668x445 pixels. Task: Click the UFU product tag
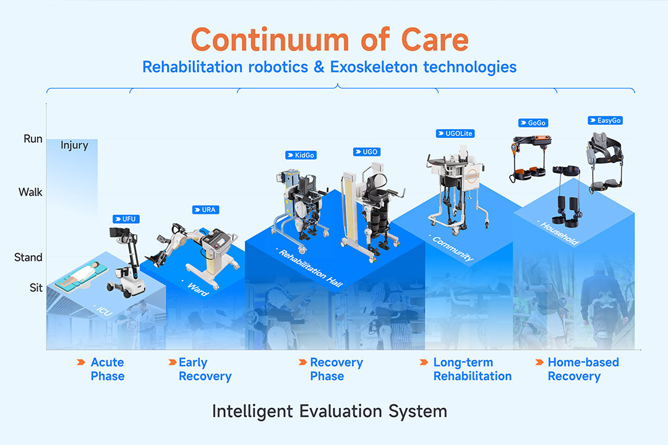point(126,219)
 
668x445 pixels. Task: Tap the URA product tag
point(205,210)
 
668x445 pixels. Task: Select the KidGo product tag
point(301,155)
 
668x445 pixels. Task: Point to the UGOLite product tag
point(455,133)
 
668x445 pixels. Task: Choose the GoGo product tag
point(533,122)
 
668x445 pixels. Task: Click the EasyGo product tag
point(605,121)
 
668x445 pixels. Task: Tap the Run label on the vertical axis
point(33,139)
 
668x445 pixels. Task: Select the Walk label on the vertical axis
point(30,192)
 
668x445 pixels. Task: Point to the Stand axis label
point(28,257)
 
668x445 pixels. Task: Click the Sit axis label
point(36,288)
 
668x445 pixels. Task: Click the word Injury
point(74,146)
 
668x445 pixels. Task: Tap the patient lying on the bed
point(81,274)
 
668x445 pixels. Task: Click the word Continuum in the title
point(270,40)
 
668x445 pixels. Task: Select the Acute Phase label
point(108,369)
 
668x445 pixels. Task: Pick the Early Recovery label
point(205,369)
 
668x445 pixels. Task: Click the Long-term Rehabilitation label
point(473,369)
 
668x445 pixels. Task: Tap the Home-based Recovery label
point(583,369)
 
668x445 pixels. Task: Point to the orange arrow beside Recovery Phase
point(302,362)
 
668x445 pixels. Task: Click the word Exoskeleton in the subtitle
point(374,67)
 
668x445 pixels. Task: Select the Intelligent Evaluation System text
point(330,412)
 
